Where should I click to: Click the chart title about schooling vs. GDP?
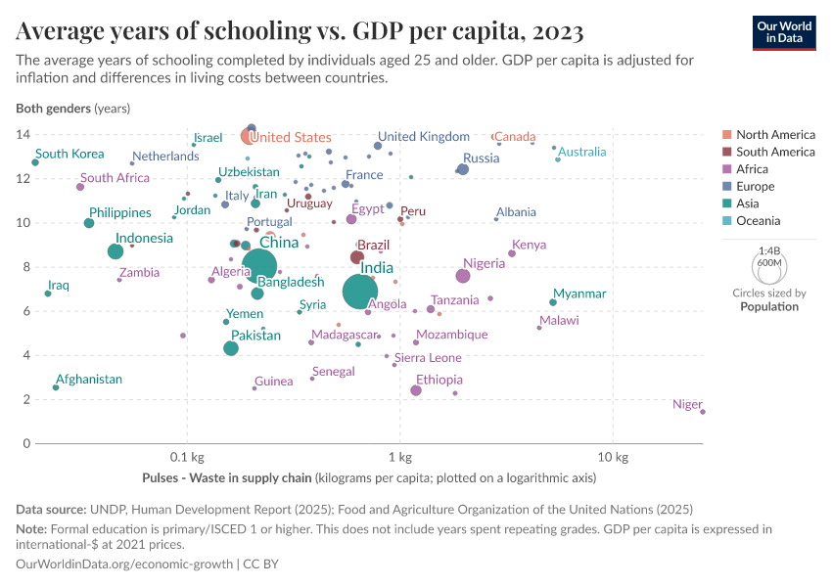coord(300,32)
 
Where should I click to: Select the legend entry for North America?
coord(775,134)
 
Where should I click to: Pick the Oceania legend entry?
coord(758,221)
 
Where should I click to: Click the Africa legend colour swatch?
coord(726,169)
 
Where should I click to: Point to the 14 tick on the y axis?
coord(23,134)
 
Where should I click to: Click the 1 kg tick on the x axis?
coord(399,458)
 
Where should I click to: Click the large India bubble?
coord(361,291)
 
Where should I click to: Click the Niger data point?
coord(703,412)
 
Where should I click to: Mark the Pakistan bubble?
coord(231,348)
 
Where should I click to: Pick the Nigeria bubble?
coord(463,275)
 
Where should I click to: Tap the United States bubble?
coord(249,136)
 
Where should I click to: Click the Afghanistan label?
coord(89,379)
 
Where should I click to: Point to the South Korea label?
coord(69,154)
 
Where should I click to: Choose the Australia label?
coord(581,152)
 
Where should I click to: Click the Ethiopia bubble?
coord(416,390)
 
